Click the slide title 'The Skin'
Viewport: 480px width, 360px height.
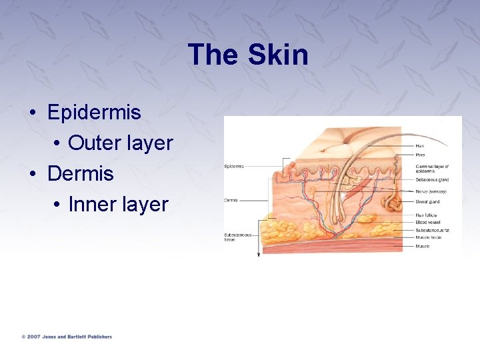click(x=248, y=55)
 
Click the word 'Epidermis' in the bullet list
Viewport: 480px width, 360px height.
click(x=94, y=112)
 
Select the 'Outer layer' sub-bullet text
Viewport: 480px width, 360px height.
click(x=120, y=143)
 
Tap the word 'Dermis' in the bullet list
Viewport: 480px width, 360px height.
click(x=80, y=173)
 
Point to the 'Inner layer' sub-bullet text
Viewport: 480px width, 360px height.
click(x=118, y=205)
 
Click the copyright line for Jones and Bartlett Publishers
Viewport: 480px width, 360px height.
click(x=67, y=337)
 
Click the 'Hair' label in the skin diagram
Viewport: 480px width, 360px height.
click(x=420, y=145)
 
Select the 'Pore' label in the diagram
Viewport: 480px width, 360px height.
click(x=420, y=155)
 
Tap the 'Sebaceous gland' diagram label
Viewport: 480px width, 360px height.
click(x=432, y=180)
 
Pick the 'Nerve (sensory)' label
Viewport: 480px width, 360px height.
click(x=431, y=191)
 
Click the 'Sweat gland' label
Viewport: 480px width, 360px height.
click(x=427, y=201)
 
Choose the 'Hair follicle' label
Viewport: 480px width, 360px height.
click(x=427, y=215)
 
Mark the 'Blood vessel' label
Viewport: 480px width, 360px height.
click(x=427, y=223)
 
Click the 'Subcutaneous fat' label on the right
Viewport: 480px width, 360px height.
click(x=432, y=230)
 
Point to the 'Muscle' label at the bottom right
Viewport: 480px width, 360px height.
click(x=423, y=246)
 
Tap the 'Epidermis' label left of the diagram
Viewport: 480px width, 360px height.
click(x=234, y=166)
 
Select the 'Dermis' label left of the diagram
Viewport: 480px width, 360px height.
click(x=231, y=200)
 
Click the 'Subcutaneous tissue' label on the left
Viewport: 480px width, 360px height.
click(x=237, y=237)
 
